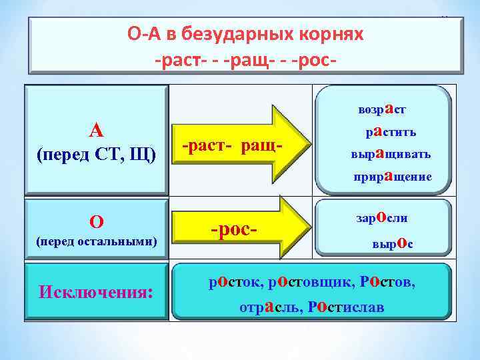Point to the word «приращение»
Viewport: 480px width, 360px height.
pyautogui.click(x=392, y=176)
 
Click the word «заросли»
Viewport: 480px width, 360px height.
pyautogui.click(x=383, y=217)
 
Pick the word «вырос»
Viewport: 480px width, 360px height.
pyautogui.click(x=392, y=244)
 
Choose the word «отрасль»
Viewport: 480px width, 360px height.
pyautogui.click(x=269, y=307)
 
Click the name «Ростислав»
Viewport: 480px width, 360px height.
pyautogui.click(x=347, y=307)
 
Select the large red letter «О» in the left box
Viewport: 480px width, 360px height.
pyautogui.click(x=96, y=221)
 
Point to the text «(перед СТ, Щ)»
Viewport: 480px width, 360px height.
pyautogui.click(x=96, y=155)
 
